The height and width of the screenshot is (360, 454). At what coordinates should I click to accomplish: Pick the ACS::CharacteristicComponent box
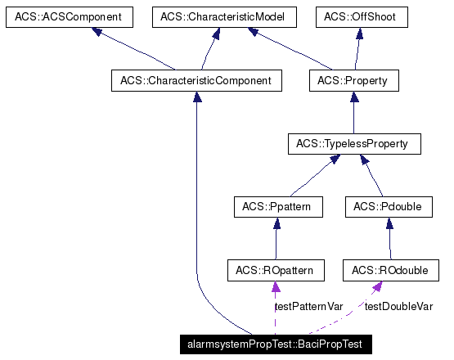point(196,80)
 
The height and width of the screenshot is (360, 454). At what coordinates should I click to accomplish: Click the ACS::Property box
point(353,80)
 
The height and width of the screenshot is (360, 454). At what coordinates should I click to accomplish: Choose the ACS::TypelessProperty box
point(353,144)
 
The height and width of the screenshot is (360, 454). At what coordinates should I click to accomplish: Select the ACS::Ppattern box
point(276,207)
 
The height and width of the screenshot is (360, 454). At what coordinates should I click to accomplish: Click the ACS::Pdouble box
point(389,207)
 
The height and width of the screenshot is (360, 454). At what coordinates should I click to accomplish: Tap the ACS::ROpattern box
point(276,269)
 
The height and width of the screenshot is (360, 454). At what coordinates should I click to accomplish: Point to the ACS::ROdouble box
point(389,269)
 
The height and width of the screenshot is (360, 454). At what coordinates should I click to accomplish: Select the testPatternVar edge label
point(308,306)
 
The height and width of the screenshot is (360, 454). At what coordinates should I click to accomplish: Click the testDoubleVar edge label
point(398,306)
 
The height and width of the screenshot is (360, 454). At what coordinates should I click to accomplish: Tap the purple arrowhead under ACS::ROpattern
point(276,286)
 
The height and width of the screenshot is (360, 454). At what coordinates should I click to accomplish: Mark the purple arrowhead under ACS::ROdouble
point(378,286)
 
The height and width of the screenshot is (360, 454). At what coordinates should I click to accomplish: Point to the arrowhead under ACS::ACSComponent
point(98,33)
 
